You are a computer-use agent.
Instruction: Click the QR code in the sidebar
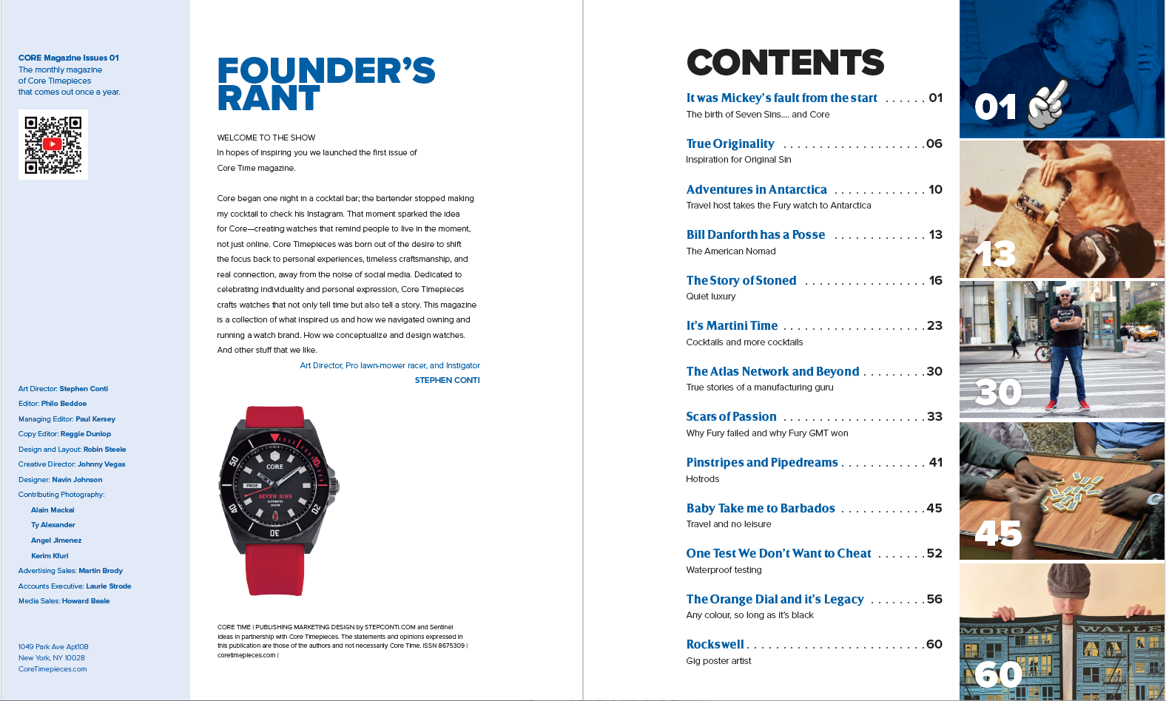[53, 144]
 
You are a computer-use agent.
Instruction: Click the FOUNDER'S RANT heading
[326, 84]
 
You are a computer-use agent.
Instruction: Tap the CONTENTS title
[785, 63]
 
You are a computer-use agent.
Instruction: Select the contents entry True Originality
[730, 143]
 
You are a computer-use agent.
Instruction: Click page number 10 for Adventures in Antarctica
[935, 189]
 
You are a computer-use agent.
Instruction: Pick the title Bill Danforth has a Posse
[755, 234]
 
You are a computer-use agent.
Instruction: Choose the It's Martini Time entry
[732, 325]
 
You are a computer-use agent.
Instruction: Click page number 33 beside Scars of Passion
[934, 416]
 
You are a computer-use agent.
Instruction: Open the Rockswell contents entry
[715, 644]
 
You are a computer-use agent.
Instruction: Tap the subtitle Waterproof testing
[724, 569]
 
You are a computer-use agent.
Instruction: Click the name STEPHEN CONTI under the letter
[447, 380]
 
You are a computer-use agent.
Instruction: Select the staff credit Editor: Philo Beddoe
[53, 404]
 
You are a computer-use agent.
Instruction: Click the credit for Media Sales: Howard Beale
[64, 601]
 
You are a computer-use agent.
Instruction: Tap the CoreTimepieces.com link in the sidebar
[53, 669]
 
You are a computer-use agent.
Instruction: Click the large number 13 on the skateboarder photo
[995, 254]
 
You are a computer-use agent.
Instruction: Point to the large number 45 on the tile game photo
[998, 532]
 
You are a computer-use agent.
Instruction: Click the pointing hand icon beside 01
[1048, 104]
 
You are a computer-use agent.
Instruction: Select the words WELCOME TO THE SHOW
[266, 138]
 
